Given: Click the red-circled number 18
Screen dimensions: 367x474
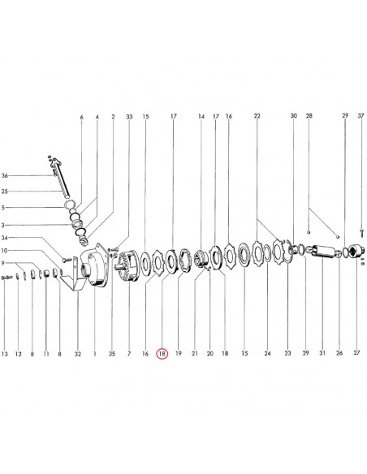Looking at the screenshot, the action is (162, 353).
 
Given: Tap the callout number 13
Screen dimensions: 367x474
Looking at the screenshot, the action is (5, 353).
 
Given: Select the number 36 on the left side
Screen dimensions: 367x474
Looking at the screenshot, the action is (5, 175).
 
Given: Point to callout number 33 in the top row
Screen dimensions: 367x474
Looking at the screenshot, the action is (129, 116).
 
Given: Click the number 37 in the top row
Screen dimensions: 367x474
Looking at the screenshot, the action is (361, 116).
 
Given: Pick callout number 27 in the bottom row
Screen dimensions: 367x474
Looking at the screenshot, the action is (356, 352).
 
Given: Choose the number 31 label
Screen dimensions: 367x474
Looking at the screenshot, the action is (322, 353).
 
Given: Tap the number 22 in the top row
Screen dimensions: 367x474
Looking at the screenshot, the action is (257, 116).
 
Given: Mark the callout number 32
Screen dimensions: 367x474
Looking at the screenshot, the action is (78, 353).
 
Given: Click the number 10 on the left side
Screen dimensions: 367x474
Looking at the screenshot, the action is (5, 251).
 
